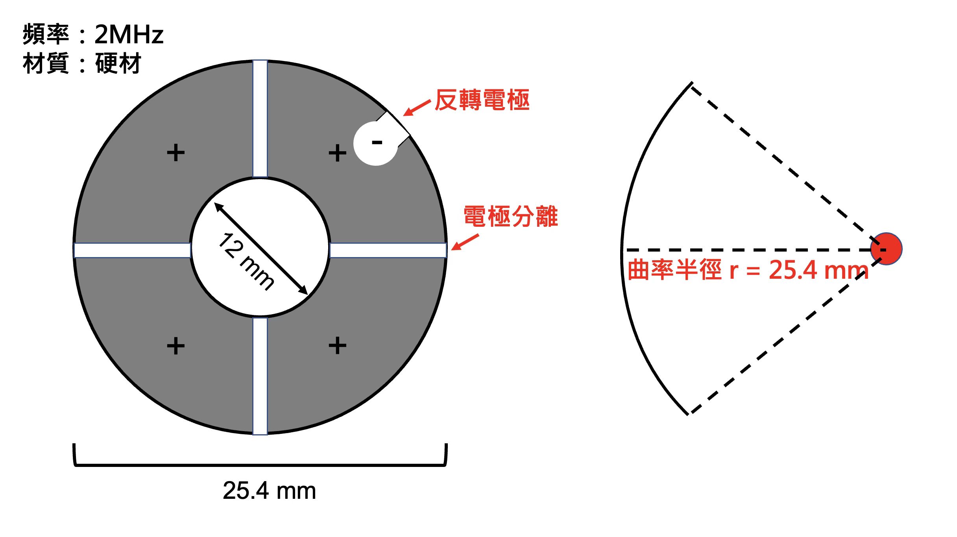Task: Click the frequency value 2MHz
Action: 129,34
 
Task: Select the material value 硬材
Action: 118,63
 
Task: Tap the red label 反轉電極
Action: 482,100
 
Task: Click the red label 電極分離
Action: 511,216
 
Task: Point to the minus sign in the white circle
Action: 377,143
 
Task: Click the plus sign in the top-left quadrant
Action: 176,153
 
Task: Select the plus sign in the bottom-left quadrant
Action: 176,346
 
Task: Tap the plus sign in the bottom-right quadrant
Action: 338,345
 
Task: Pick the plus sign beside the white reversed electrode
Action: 338,153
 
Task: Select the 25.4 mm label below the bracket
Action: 269,491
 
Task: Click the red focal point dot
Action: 886,249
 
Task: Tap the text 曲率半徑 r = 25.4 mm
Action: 748,270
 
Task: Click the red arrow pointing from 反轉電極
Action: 417,108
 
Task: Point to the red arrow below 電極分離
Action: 465,242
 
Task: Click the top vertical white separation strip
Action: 260,119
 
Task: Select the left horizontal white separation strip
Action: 133,250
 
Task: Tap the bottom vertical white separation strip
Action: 260,376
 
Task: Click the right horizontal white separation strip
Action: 388,250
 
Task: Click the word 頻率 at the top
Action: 46,34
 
